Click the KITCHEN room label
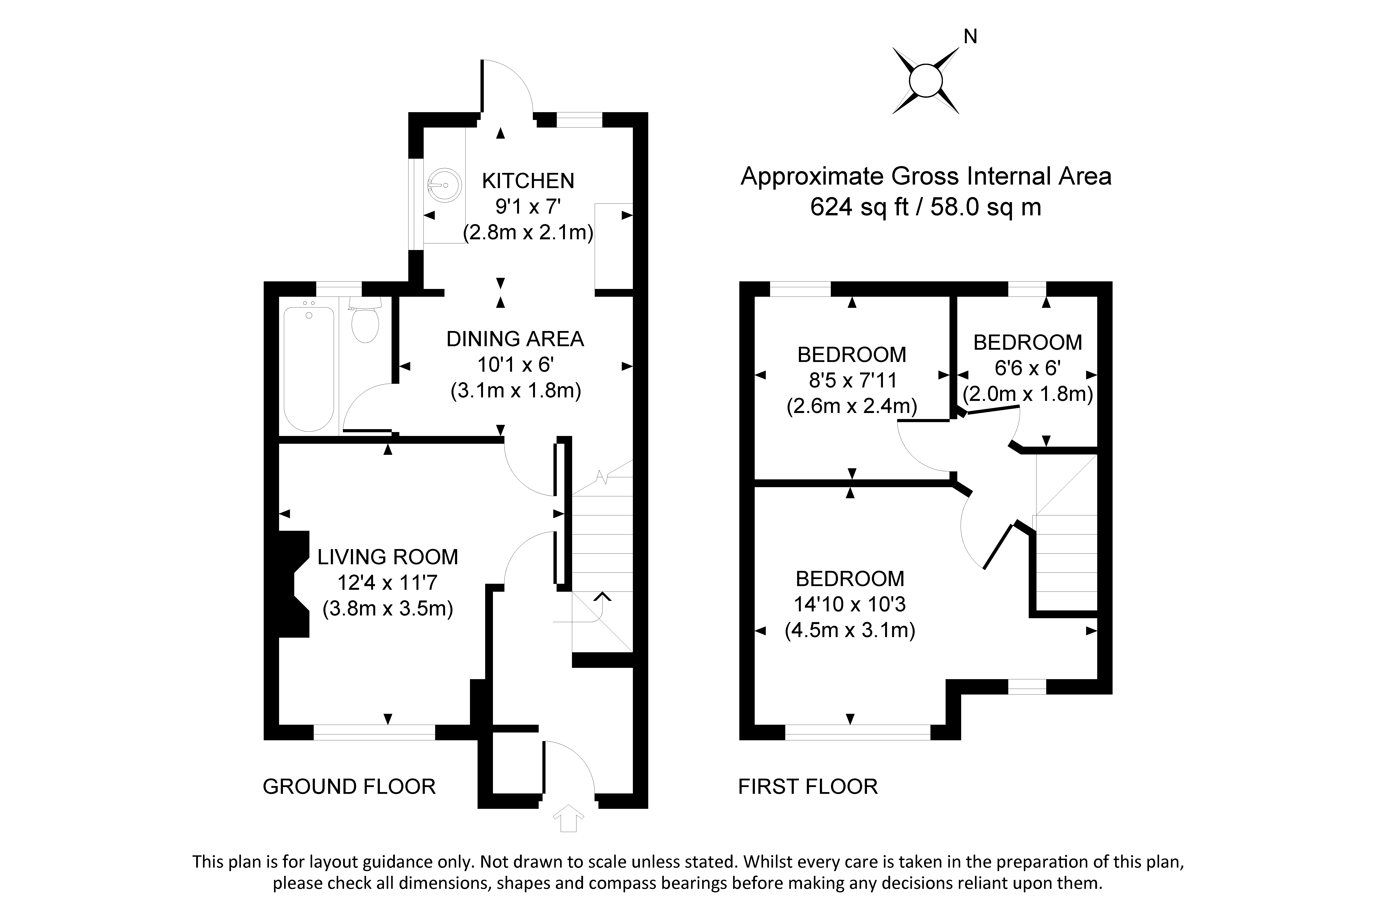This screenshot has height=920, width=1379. pos(528,181)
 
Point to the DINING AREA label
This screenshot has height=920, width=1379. pos(515,339)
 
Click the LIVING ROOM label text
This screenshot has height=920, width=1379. pos(387,557)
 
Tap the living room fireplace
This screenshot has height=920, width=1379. pos(293,584)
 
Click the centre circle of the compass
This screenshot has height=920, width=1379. pos(925,80)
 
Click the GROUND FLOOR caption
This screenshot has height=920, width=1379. pos(349,786)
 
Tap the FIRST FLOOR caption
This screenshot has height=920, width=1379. pos(807,786)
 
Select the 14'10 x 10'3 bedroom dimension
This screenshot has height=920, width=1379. pos(849,604)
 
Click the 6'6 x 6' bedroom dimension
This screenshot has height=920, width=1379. pos(1027,368)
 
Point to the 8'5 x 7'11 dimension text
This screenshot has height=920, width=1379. pos(853,380)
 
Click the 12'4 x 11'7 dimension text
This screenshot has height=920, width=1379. pos(387,583)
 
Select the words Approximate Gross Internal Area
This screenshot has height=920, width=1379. pos(925,177)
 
